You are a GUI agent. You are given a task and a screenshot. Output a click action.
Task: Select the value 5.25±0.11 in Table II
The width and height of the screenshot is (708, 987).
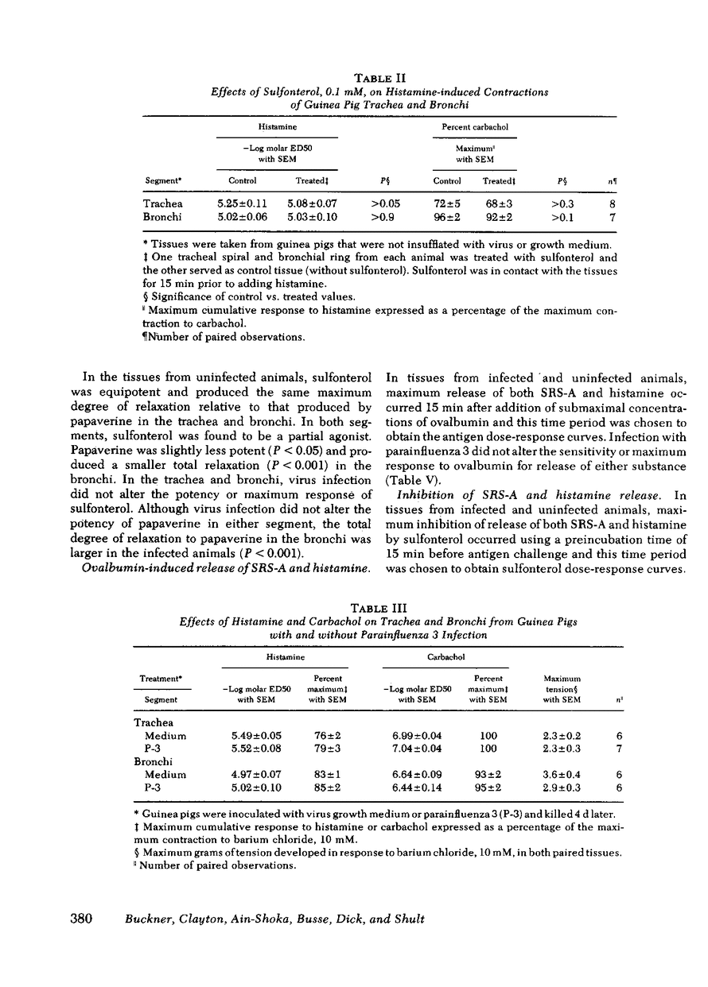[243, 203]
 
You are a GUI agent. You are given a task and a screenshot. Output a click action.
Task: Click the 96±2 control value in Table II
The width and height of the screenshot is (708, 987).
[445, 215]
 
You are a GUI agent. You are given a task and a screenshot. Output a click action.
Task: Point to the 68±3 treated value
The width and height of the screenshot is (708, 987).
[498, 203]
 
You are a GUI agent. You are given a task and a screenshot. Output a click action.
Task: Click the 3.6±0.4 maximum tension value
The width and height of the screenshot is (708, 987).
[560, 774]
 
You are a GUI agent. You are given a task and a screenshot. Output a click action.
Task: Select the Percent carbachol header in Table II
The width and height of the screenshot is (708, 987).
[476, 127]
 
